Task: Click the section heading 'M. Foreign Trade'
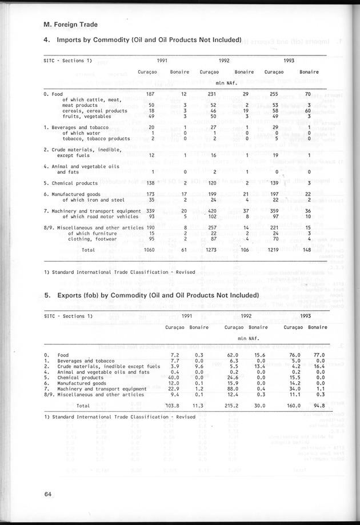tap(70, 25)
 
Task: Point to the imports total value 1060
tap(147, 250)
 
